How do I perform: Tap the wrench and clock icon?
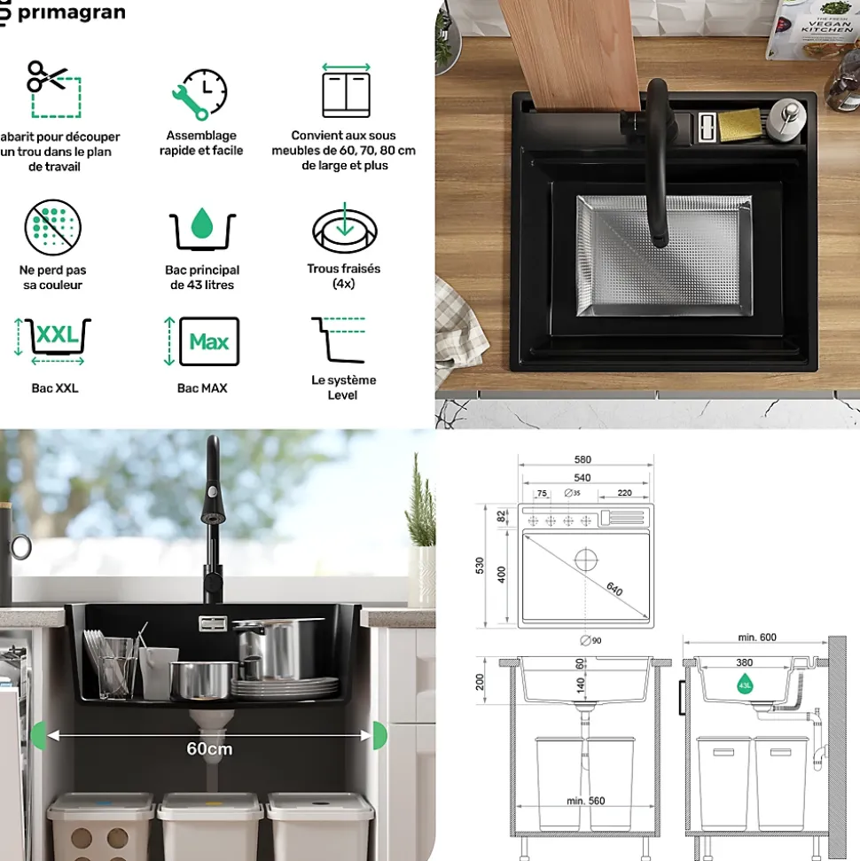pos(199,93)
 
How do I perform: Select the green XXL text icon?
pos(56,336)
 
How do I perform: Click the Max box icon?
pos(208,341)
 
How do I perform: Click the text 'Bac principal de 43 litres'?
pos(202,278)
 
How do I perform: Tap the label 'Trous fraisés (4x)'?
pos(344,276)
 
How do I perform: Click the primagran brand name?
pos(71,13)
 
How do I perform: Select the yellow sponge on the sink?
pos(739,123)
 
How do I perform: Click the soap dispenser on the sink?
pos(786,118)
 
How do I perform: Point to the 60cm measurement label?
pos(209,748)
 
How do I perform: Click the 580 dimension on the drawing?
pos(582,459)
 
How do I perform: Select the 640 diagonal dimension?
pos(614,588)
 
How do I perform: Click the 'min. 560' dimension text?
pos(585,801)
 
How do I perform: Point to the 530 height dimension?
pos(481,566)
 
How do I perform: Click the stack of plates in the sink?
pos(284,687)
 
